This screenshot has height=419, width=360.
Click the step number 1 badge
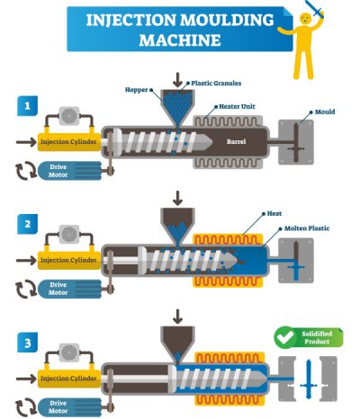pyautogui.click(x=27, y=107)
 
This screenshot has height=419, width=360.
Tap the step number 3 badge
pyautogui.click(x=27, y=339)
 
